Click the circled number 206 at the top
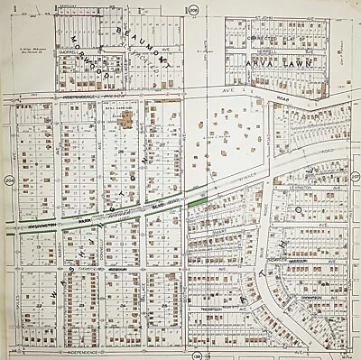pyautogui.click(x=193, y=8)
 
